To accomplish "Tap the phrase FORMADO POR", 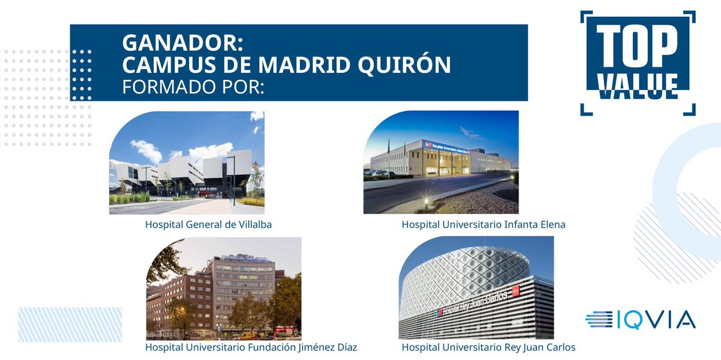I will [x=193, y=86].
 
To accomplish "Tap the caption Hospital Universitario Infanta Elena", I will [x=484, y=225].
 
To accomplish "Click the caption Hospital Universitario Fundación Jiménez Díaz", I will [x=251, y=347].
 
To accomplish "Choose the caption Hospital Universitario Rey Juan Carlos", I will [x=488, y=347].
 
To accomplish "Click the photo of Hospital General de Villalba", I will [x=186, y=163].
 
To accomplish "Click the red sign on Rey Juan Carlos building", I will [x=515, y=292].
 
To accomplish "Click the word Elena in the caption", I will [x=552, y=225].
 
